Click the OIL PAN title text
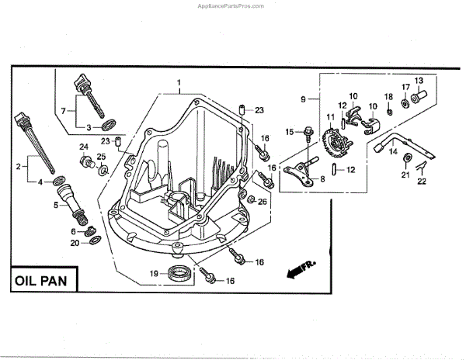click(x=43, y=279)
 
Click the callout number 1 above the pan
click(x=178, y=82)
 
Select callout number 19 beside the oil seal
click(x=155, y=272)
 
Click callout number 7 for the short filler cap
click(x=64, y=111)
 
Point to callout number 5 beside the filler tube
click(x=55, y=205)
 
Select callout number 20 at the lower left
click(x=75, y=243)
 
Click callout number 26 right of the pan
click(x=262, y=202)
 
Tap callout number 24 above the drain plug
click(x=84, y=147)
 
